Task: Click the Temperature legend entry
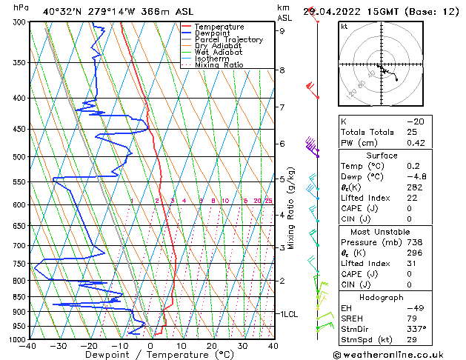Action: coord(219,27)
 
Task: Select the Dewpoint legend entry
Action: coord(213,33)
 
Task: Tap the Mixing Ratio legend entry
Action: coord(220,65)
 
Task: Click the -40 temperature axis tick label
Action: coord(28,345)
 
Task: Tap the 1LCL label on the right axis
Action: coord(288,314)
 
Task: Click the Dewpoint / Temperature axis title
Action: coord(150,355)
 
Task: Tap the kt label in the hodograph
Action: coord(344,26)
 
